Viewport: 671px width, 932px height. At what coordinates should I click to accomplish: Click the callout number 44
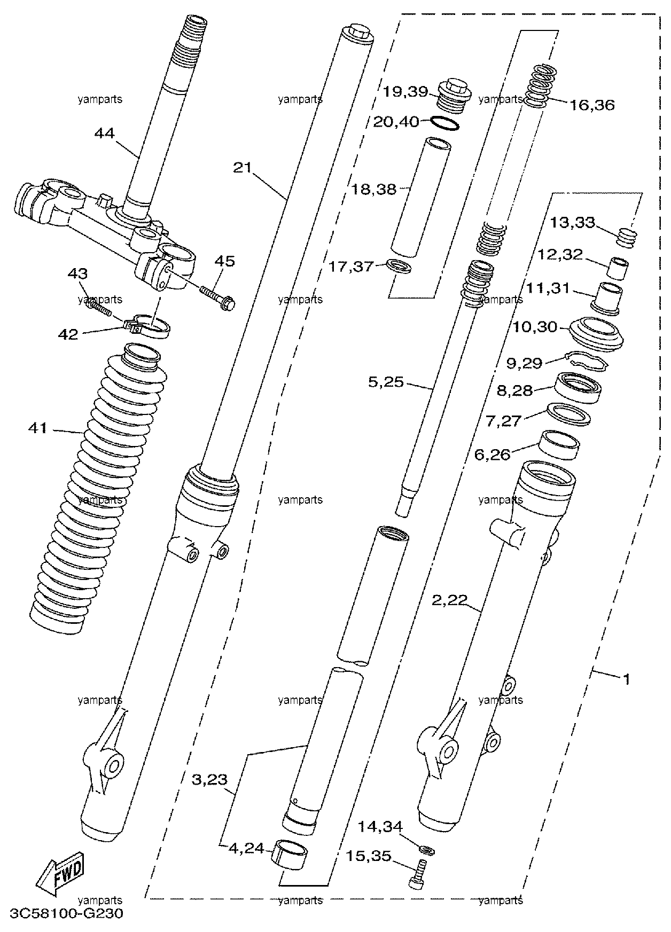point(104,132)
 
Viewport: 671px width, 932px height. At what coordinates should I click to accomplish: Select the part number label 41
point(38,428)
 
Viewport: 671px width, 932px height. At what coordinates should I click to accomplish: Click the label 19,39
point(405,92)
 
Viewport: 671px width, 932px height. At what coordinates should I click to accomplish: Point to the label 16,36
point(592,105)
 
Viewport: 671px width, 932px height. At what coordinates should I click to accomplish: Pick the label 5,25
point(386,382)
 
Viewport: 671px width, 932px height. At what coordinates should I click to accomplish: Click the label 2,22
point(450,601)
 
